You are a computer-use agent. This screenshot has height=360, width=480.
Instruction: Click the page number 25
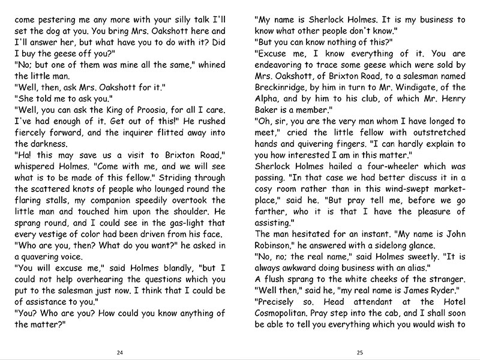coord(360,352)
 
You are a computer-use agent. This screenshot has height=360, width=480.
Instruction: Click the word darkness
coord(38,145)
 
